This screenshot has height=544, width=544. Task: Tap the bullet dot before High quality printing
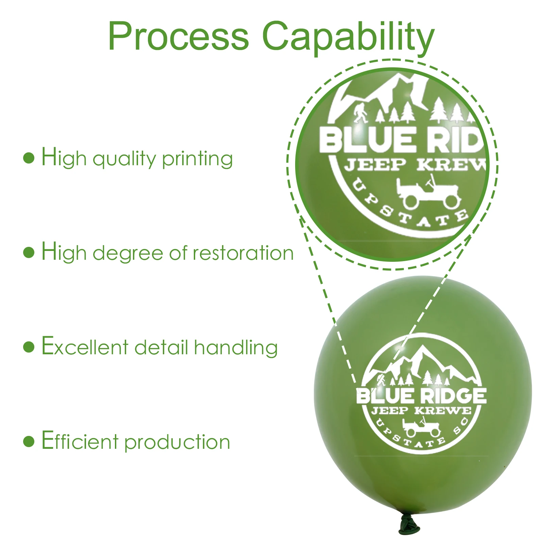coord(29,158)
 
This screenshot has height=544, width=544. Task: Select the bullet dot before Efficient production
coord(29,441)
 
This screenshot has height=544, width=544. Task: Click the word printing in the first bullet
coord(197,159)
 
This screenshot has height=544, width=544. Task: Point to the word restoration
coord(243,253)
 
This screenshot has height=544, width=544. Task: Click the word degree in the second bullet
coord(128,254)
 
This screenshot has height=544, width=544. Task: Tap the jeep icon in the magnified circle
coord(428,192)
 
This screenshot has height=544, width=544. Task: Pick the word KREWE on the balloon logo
coord(443,411)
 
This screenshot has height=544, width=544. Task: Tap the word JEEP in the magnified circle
coord(375,165)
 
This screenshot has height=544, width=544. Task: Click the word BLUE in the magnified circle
coord(367,139)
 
